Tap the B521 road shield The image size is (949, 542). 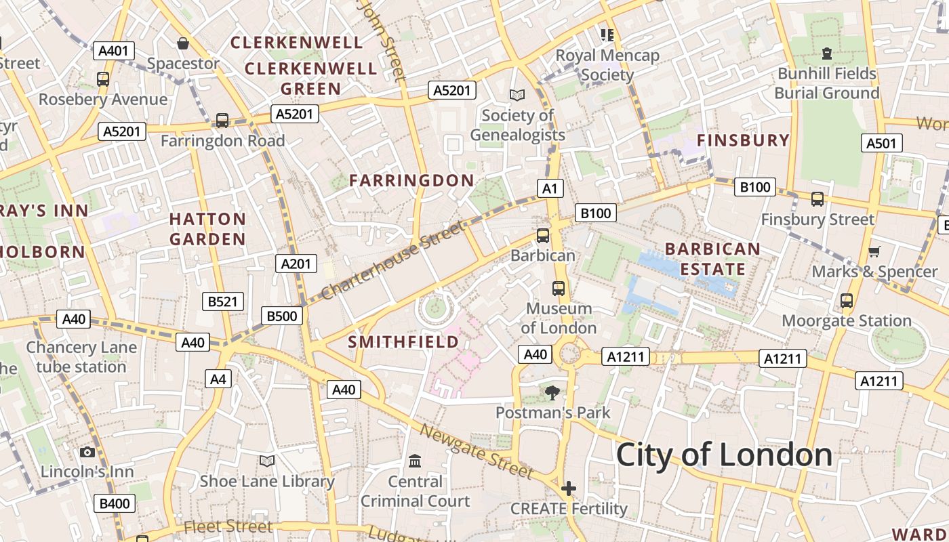223,301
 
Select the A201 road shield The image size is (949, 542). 296,264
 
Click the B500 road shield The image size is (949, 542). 282,316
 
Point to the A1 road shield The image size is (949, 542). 550,188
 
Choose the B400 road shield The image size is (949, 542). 115,503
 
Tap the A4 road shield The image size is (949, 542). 218,379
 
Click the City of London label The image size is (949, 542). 724,455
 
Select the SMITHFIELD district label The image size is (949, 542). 403,342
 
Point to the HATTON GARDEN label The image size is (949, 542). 207,229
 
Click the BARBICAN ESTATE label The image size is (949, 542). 712,259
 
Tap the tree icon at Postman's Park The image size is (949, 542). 552,392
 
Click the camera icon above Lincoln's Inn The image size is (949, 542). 87,452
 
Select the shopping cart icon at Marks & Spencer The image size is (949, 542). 874,252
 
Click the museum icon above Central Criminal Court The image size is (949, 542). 415,461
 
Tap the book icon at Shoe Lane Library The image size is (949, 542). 267,461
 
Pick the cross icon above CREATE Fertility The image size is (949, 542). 569,488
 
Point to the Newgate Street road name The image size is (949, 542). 477,451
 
